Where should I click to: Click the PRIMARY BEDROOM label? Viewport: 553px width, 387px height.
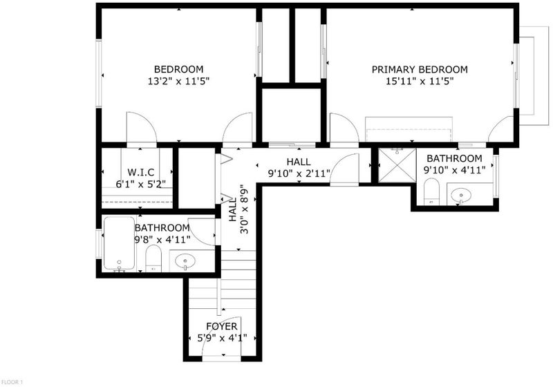[x=420, y=69]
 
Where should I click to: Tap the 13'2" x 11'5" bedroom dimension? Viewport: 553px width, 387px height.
[x=178, y=82]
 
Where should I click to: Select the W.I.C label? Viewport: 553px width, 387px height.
[x=141, y=172]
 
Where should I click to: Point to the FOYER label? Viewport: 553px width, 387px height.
[x=222, y=326]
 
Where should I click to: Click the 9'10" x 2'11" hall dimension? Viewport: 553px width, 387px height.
[x=299, y=173]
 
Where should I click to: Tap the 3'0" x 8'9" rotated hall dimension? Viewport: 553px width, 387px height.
[x=244, y=209]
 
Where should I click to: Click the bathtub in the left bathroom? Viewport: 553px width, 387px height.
[x=119, y=243]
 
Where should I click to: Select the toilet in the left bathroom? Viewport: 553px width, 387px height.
[x=153, y=258]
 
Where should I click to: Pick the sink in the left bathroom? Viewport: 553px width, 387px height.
[x=185, y=261]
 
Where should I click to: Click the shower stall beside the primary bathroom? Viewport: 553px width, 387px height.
[x=397, y=165]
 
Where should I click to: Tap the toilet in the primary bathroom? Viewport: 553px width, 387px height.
[x=431, y=191]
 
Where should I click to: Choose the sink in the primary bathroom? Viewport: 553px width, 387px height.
[x=461, y=195]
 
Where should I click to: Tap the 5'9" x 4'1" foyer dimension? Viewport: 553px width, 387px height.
[x=222, y=339]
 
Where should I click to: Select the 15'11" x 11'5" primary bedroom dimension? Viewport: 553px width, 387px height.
[x=420, y=82]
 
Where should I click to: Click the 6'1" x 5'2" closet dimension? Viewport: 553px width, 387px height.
[x=141, y=184]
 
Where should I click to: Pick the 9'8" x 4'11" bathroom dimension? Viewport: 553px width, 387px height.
[x=162, y=240]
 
